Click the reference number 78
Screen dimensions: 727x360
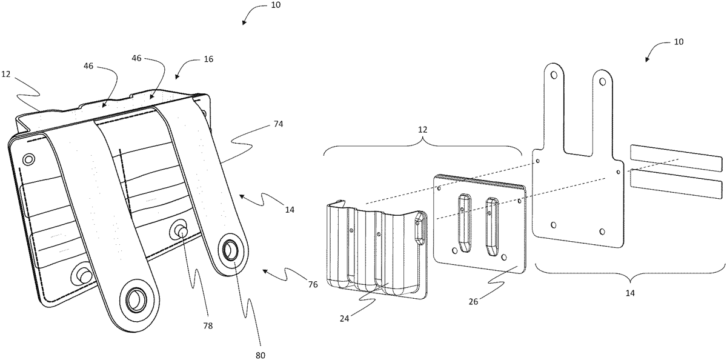click(208, 325)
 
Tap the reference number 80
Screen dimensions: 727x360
click(261, 356)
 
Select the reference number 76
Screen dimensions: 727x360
click(313, 285)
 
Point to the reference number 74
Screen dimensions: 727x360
click(279, 124)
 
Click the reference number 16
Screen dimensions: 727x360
click(208, 59)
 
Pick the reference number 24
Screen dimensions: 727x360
click(344, 319)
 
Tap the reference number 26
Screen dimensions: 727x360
click(473, 302)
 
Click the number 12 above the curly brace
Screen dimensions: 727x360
click(422, 130)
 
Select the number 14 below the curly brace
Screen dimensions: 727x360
click(630, 293)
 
